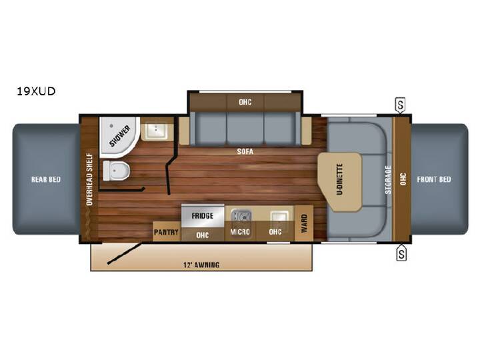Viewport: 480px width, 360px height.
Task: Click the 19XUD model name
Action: [x=36, y=91]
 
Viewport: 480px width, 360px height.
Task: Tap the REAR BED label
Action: [x=46, y=179]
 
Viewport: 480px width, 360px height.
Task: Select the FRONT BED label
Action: [x=434, y=179]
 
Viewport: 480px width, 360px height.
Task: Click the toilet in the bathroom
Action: [x=116, y=171]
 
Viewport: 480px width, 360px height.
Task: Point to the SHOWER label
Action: [x=120, y=136]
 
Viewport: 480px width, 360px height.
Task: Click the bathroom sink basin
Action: [x=156, y=131]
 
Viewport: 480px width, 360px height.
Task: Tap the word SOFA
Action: [x=245, y=151]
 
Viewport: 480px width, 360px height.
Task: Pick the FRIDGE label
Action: [x=203, y=216]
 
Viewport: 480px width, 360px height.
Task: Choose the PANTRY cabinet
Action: [x=167, y=231]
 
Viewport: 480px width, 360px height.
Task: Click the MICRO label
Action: [x=240, y=232]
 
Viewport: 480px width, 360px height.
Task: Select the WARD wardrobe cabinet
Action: [x=304, y=223]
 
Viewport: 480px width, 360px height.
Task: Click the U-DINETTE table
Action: [x=340, y=182]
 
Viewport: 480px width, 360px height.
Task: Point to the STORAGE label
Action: [x=388, y=180]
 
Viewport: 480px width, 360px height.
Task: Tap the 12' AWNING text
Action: [x=201, y=265]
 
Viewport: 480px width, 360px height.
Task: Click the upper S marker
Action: [x=401, y=105]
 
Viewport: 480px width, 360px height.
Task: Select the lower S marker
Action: [x=401, y=253]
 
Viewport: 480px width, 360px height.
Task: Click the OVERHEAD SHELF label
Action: [x=89, y=179]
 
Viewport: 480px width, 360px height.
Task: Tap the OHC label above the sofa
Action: [x=245, y=102]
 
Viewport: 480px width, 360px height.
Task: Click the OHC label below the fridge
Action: [x=203, y=235]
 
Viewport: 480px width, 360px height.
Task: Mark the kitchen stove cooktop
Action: [x=241, y=216]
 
